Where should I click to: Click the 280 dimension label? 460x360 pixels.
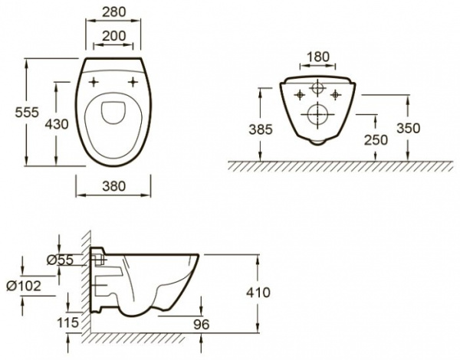[x=113, y=12]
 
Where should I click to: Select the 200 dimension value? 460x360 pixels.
[x=113, y=36]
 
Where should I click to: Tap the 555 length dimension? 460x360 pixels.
[x=27, y=113]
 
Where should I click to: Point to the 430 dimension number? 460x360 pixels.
[x=57, y=124]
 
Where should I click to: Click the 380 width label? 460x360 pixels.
[x=113, y=186]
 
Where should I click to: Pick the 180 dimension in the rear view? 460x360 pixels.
[x=317, y=57]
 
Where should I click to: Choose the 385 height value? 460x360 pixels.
[x=261, y=129]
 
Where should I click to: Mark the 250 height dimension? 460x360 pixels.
[x=376, y=140]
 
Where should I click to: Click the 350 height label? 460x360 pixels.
[x=408, y=128]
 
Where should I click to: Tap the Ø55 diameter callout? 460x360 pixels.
[x=60, y=260]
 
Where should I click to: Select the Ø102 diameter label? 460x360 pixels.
[x=24, y=286]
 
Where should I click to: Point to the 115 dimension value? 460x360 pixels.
[x=67, y=322]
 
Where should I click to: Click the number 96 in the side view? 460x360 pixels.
[x=202, y=324]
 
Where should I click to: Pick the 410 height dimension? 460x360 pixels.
[x=258, y=293]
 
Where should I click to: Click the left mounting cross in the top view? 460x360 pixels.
[x=94, y=82]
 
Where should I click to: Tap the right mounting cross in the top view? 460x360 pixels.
[x=133, y=82]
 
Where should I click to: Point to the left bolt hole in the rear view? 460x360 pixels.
[x=300, y=95]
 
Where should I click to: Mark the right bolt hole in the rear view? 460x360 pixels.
[x=335, y=94]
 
